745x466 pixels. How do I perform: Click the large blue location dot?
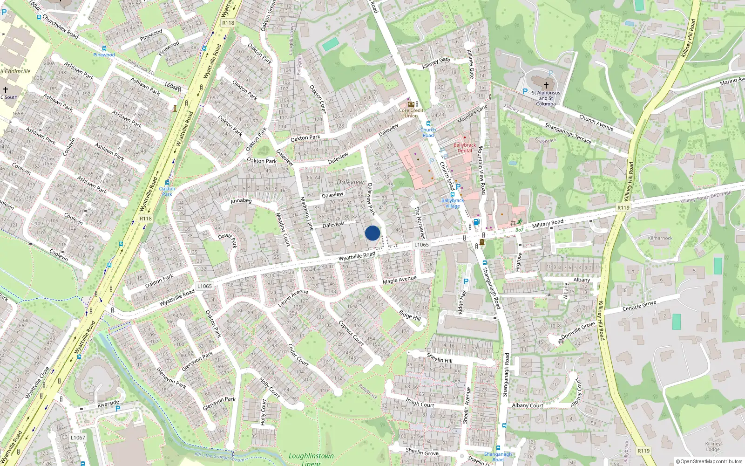[372, 233]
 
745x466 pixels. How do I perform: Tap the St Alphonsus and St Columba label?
[546, 98]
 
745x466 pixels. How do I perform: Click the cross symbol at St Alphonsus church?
[546, 85]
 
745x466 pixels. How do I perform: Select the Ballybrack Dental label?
[465, 148]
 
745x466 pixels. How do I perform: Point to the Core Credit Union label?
[411, 113]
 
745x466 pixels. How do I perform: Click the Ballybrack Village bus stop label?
[452, 203]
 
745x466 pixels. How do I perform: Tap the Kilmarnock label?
[660, 238]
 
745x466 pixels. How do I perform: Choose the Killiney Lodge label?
[713, 446]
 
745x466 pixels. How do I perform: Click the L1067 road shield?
[78, 438]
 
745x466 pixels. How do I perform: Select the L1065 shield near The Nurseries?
[421, 244]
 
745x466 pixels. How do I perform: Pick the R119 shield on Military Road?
[623, 207]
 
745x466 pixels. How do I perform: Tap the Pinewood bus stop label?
[104, 55]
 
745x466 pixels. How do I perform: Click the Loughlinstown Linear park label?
[311, 459]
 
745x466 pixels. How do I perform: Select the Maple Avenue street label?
[400, 279]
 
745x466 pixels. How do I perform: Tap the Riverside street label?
[108, 404]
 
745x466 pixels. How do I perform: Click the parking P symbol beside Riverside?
[118, 409]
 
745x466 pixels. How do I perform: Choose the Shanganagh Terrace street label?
[568, 133]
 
